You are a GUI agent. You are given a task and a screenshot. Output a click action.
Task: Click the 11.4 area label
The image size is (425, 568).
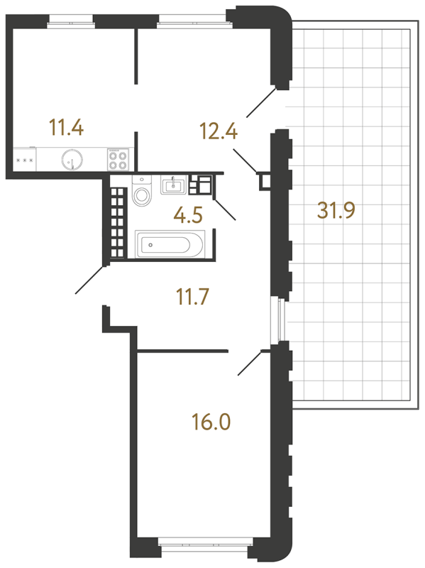66,128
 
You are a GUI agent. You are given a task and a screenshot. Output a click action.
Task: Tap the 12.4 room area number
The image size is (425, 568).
219,131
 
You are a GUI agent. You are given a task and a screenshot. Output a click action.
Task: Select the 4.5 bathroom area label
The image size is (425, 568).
188,215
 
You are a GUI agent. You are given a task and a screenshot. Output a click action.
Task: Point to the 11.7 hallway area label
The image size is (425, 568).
192,296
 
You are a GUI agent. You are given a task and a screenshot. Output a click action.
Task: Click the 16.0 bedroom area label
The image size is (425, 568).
211,422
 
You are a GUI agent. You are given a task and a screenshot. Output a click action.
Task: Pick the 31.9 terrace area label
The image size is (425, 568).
336,210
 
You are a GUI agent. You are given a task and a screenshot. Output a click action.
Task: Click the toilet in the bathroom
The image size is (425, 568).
142,191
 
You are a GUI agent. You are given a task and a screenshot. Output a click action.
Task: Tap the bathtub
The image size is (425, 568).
170,244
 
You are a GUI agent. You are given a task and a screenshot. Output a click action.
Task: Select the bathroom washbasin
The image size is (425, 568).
173,185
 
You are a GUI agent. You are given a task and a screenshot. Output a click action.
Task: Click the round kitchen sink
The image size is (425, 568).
72,159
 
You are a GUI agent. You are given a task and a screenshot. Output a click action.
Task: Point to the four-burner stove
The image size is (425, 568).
118,159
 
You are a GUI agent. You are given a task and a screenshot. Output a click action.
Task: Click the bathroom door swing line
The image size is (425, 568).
225,209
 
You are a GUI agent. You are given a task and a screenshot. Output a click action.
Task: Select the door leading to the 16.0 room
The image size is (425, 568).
250,363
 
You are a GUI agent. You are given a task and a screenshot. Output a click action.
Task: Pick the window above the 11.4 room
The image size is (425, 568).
72,21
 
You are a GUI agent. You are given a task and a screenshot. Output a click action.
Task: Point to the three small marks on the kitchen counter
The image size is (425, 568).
25,160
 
